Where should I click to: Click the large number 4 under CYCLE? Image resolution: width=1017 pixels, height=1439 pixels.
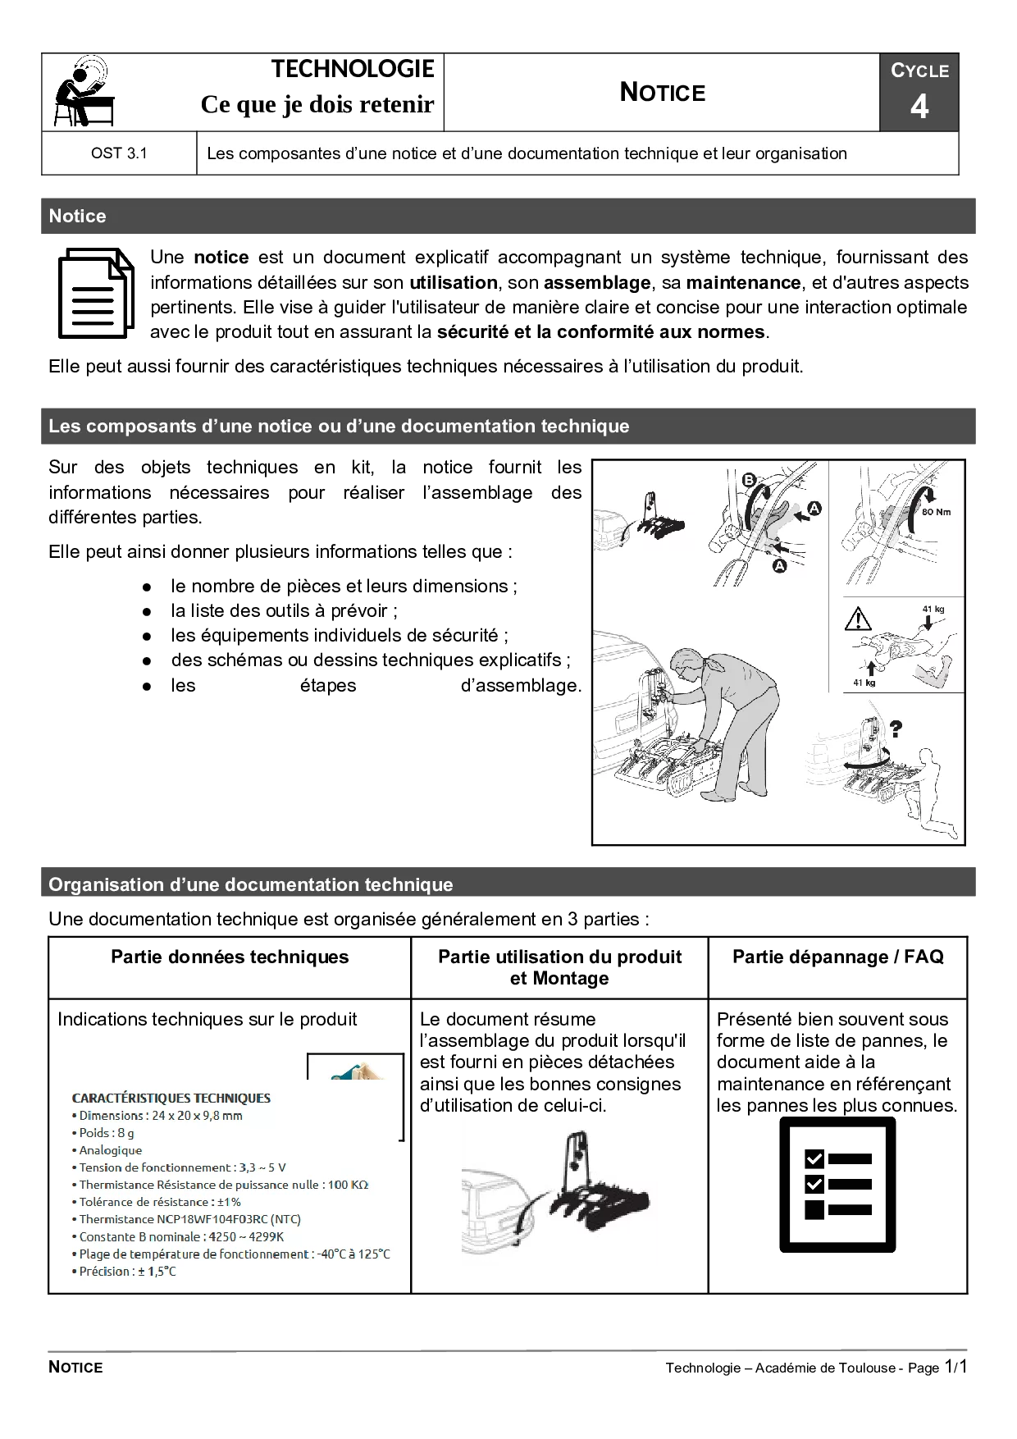[919, 107]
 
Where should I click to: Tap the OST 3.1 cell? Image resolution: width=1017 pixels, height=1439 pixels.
[119, 153]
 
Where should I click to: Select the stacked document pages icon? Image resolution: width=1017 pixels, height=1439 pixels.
[96, 293]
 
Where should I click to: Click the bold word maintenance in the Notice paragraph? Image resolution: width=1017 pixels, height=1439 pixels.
[743, 283]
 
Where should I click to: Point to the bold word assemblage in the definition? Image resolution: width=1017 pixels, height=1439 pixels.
[597, 283]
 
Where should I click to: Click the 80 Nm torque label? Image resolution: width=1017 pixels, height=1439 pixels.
[937, 512]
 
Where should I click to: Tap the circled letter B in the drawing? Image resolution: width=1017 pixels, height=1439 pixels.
[748, 480]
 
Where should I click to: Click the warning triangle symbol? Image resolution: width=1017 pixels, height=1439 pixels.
[858, 619]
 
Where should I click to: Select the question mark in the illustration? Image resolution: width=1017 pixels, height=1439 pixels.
[896, 728]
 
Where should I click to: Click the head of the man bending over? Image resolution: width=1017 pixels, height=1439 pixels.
[689, 663]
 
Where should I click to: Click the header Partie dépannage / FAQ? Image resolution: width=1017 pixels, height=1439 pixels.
[837, 957]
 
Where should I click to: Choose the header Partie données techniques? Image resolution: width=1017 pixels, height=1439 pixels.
[230, 957]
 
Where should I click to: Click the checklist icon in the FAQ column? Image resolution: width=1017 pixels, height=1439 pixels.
[837, 1185]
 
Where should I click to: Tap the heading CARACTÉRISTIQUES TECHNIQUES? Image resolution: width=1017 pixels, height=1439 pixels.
[171, 1098]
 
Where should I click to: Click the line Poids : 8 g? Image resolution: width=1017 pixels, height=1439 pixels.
[107, 1133]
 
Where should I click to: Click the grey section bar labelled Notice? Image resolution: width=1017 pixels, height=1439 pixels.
[508, 216]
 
